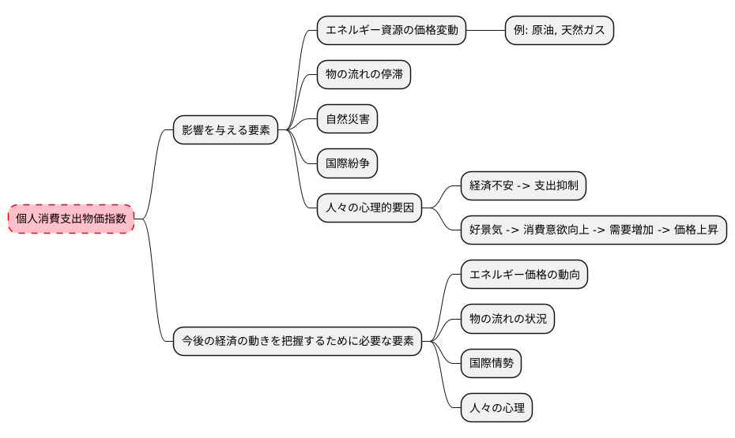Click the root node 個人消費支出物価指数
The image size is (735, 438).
coord(71,219)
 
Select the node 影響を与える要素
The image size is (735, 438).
coord(226,130)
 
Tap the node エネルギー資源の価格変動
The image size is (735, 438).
coord(391,31)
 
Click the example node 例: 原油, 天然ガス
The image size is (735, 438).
coord(560,31)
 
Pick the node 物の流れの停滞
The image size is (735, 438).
coord(364,75)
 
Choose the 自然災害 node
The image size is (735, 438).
coord(347,120)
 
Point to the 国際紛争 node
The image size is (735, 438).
coord(347,164)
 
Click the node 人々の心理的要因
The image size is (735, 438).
coord(369,209)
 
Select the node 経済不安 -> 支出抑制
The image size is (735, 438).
coord(523,186)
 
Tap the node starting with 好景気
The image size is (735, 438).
coord(594,230)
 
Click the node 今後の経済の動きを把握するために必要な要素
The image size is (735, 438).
coord(297,342)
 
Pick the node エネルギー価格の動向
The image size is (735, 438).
coord(524,275)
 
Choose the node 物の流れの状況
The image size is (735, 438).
coord(507,320)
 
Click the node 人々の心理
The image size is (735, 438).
coord(496,409)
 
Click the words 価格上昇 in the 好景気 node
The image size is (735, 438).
coord(696,230)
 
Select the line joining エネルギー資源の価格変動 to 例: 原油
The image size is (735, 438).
coord(485,31)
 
